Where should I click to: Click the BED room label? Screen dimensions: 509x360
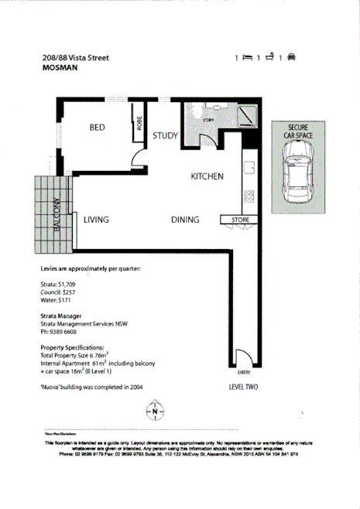[97, 128]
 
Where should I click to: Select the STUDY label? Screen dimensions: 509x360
[165, 136]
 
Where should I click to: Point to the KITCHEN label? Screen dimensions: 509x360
[207, 176]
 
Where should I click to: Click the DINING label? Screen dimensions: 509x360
[185, 220]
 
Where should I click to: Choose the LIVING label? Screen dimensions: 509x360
[96, 220]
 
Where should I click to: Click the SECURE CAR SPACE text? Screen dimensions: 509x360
[298, 131]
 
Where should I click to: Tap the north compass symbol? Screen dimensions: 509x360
[156, 411]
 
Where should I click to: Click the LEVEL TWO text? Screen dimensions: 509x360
[242, 386]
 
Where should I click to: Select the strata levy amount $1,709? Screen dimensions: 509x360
[68, 285]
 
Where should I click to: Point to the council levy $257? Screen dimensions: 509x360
[72, 293]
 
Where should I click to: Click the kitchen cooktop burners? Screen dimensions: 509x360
[249, 196]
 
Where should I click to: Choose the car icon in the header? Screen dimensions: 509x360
[292, 57]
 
